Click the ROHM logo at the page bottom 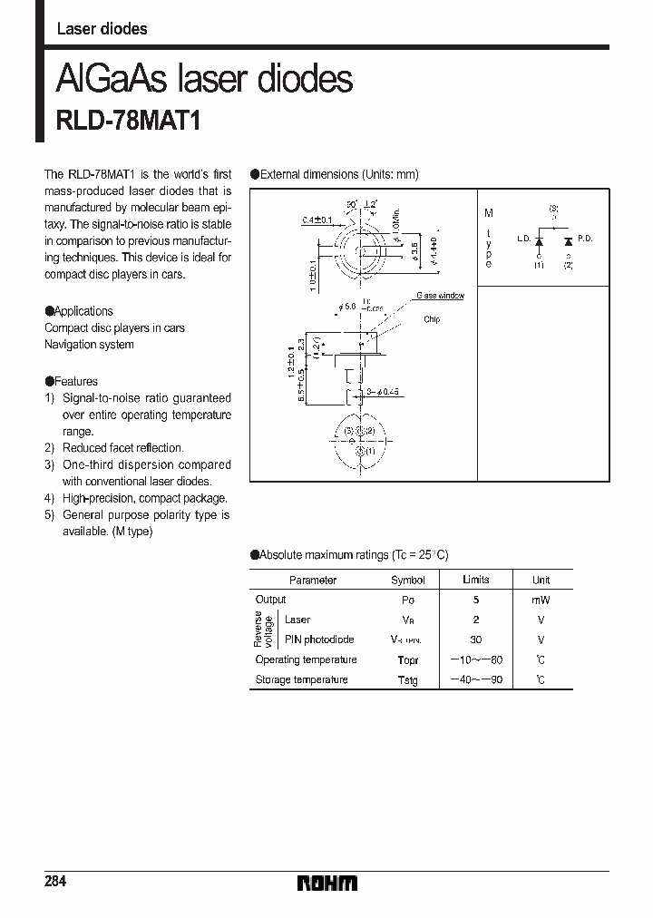pos(326,883)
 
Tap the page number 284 pos(54,882)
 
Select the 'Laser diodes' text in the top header pos(102,29)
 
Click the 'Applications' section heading pos(83,311)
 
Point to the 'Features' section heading pos(75,382)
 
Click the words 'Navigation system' pos(89,345)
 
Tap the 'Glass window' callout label pos(440,297)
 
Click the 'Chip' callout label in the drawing pos(431,320)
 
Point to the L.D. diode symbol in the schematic pos(539,241)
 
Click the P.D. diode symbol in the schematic pos(568,241)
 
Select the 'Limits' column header pos(475,580)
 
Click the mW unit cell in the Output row pos(541,601)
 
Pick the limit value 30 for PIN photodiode pos(475,640)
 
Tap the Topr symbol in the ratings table pos(407,660)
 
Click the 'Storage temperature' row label pos(301,679)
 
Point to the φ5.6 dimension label pos(346,308)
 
